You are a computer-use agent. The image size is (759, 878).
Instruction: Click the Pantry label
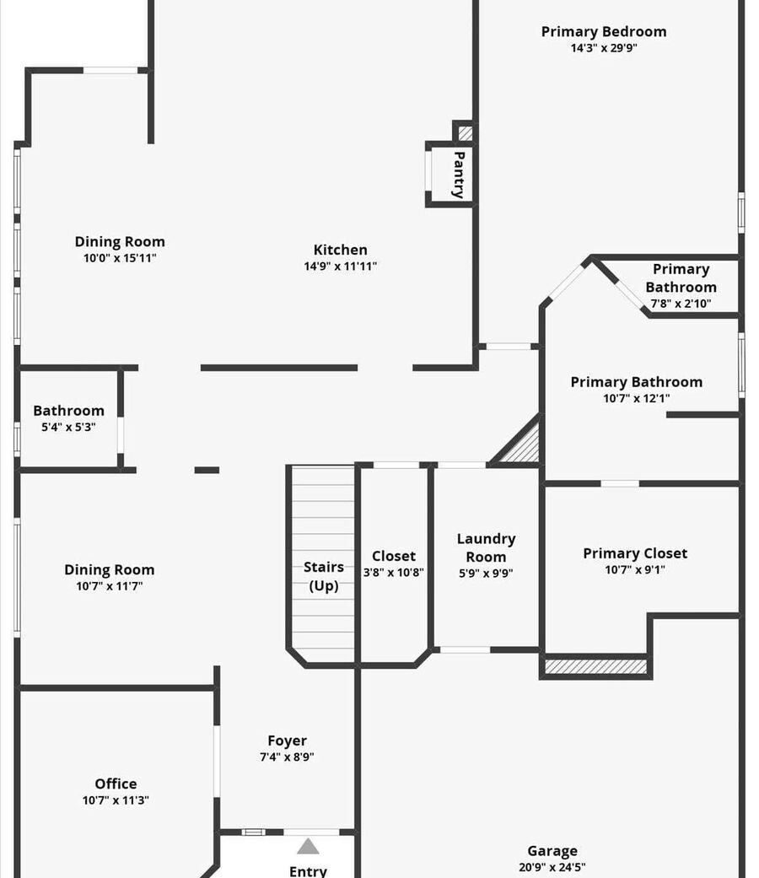click(x=459, y=175)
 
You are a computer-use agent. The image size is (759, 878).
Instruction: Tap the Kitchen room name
click(x=341, y=250)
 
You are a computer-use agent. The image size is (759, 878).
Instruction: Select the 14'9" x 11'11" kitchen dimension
click(x=341, y=266)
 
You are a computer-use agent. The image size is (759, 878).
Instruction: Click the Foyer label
click(x=287, y=741)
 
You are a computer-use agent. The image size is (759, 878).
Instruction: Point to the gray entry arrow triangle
click(x=308, y=847)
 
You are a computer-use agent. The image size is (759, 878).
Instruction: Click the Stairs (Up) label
click(x=324, y=576)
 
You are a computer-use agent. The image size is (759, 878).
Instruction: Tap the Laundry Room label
click(x=486, y=547)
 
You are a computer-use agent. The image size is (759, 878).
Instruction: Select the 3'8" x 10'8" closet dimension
click(x=394, y=573)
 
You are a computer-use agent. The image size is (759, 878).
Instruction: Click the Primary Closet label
click(x=635, y=553)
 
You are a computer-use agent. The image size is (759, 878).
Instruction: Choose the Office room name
click(x=116, y=784)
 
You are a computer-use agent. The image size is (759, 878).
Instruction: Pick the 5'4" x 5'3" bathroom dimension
click(x=68, y=428)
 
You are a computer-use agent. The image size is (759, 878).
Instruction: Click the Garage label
click(x=552, y=851)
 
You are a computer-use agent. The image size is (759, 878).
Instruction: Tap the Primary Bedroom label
click(x=603, y=32)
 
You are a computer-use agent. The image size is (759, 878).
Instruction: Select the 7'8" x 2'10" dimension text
click(x=681, y=304)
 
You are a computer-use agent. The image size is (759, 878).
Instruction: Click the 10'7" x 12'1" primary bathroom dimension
click(x=637, y=399)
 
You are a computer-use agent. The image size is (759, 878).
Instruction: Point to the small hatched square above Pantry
click(x=466, y=133)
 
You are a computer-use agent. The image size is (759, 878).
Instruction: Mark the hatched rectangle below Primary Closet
click(x=595, y=666)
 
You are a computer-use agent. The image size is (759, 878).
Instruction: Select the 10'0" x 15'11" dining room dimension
click(x=120, y=258)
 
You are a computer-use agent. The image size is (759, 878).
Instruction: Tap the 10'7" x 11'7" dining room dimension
click(x=110, y=586)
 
